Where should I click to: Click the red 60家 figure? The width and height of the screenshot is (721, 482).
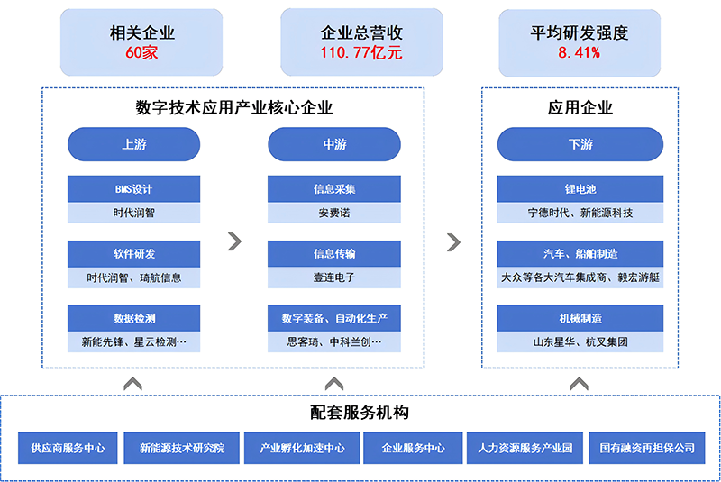(141, 52)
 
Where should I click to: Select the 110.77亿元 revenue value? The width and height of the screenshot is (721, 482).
(361, 52)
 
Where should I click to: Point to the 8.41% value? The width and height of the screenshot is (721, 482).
(579, 52)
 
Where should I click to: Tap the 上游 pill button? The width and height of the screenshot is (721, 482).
(133, 144)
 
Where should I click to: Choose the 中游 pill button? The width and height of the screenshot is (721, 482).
(334, 144)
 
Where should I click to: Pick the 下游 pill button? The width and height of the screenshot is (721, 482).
(580, 144)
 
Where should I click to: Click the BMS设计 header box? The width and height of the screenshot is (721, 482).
(133, 189)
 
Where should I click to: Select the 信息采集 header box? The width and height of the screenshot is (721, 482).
(334, 189)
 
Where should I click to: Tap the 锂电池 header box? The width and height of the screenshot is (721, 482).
(580, 189)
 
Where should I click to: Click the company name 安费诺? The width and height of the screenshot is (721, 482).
(334, 213)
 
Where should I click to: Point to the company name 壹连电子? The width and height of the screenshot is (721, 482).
(334, 277)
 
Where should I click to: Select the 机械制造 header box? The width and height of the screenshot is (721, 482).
(580, 318)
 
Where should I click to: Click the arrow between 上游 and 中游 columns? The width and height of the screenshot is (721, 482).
(234, 241)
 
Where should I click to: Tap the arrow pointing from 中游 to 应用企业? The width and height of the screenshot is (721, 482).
(454, 242)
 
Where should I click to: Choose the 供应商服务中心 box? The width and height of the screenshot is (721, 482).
(68, 448)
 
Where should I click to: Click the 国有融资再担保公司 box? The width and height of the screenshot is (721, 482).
(647, 448)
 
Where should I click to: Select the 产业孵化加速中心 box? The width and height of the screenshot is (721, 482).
(302, 448)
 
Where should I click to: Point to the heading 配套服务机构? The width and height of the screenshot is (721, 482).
(360, 412)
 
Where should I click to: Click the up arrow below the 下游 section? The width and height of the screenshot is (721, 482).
(579, 384)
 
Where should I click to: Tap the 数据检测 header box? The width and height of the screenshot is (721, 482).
(133, 318)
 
